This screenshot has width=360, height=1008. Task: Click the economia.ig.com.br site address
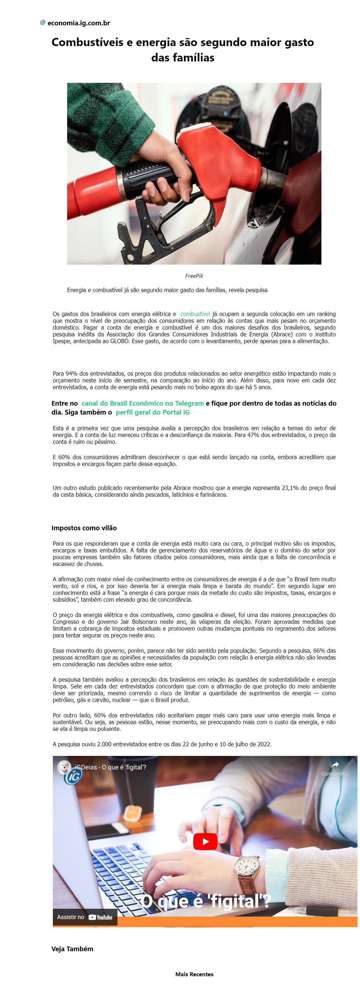click(78, 23)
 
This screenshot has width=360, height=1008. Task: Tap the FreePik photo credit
click(194, 276)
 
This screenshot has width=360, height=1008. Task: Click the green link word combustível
click(195, 314)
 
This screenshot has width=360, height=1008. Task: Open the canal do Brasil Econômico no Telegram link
click(142, 403)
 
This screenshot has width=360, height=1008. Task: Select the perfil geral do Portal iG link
click(152, 412)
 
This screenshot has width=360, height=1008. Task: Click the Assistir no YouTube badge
click(85, 917)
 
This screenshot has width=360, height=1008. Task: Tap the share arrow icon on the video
click(335, 764)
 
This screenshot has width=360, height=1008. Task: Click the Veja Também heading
click(72, 949)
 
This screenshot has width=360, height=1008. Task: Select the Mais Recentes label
click(194, 974)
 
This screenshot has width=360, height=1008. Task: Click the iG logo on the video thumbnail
click(73, 775)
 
